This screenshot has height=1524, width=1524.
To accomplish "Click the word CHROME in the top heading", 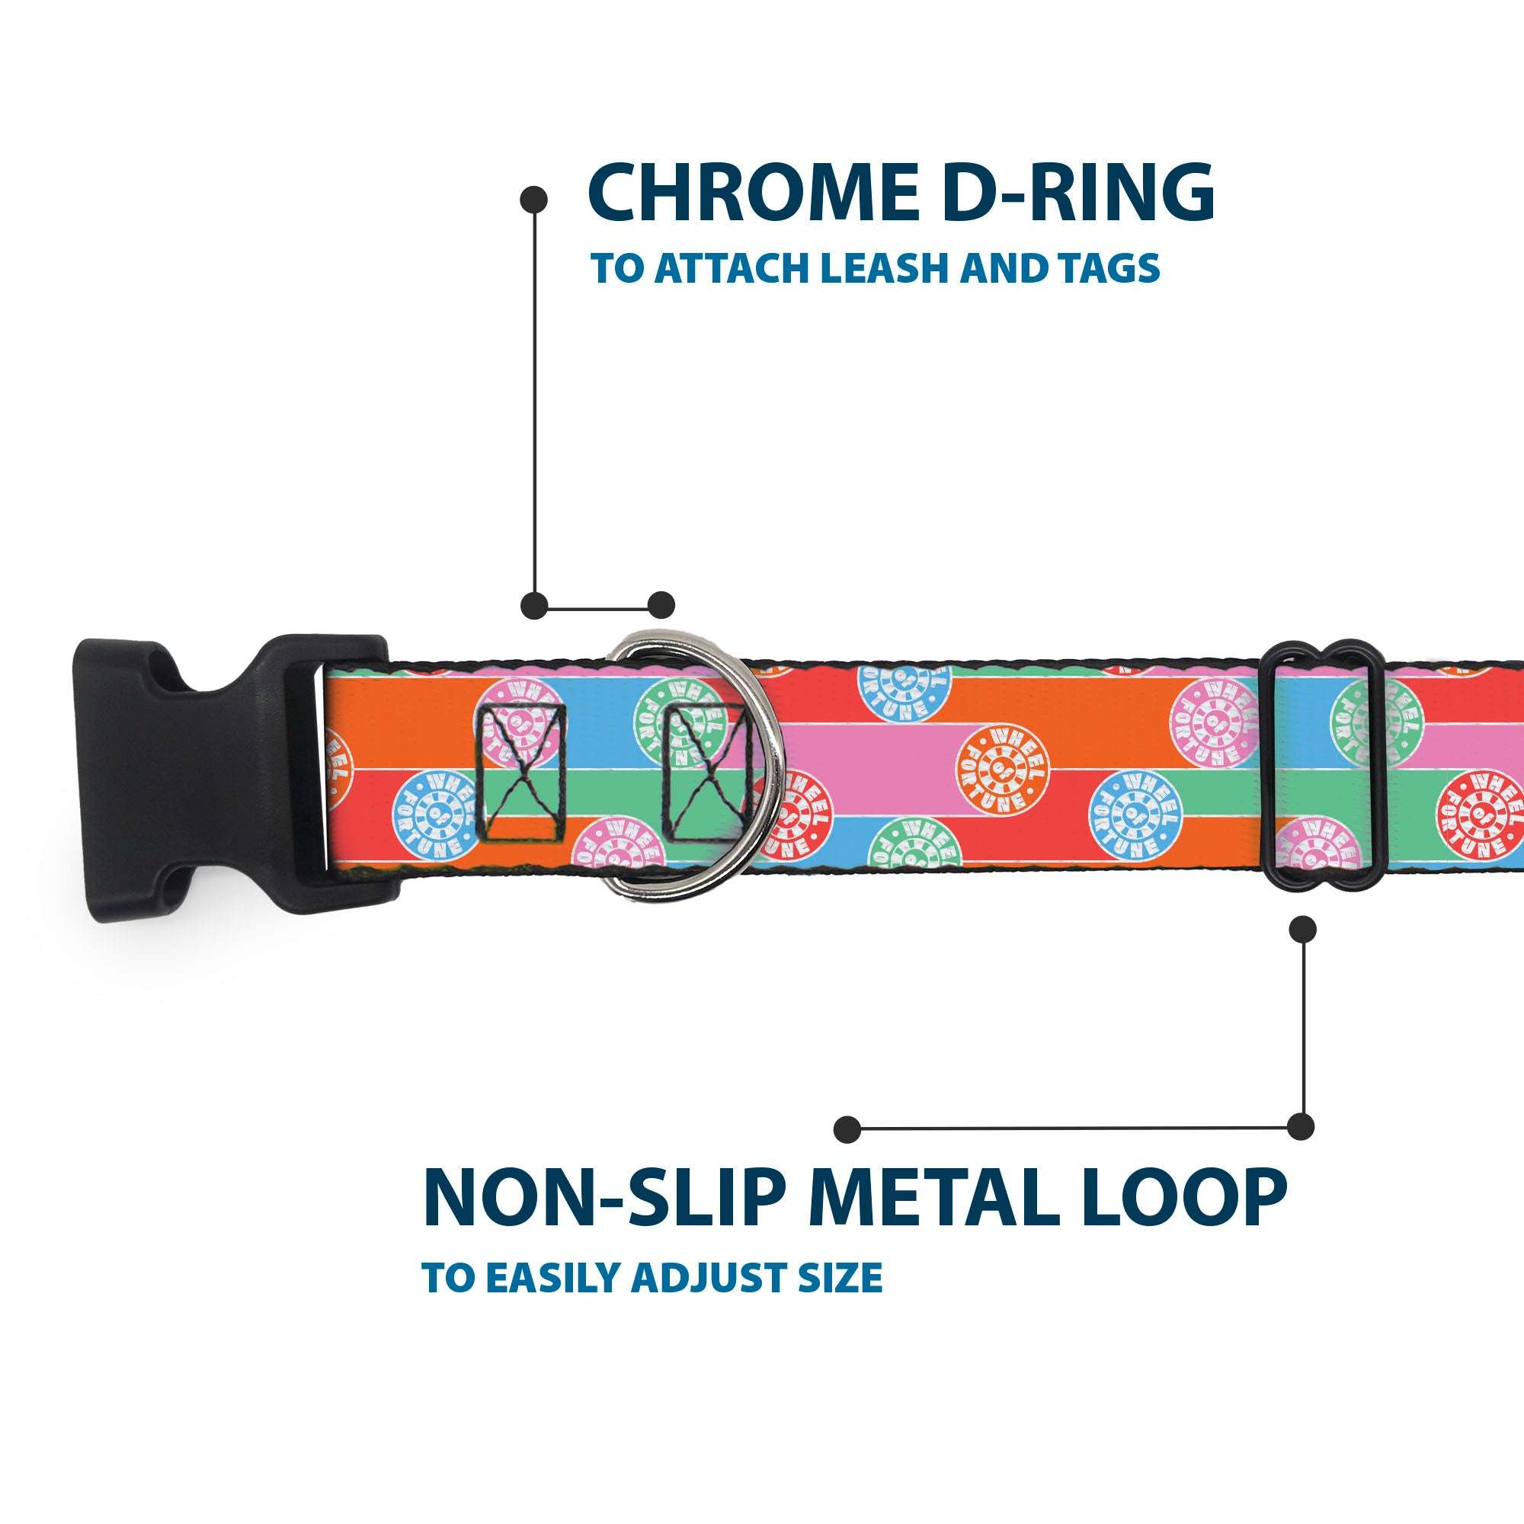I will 754,193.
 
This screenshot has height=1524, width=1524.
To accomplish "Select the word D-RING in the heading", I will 1078,193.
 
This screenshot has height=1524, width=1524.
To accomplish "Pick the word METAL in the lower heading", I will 932,1197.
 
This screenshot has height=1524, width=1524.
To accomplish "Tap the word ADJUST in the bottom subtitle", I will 710,1278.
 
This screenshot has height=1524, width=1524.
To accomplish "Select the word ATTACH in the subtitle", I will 735,269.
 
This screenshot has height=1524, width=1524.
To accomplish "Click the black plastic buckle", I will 197,777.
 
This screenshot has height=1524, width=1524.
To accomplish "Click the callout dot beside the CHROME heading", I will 534,199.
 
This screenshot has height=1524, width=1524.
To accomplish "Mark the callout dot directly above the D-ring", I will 661,605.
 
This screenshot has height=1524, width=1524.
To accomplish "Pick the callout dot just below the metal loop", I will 1302,929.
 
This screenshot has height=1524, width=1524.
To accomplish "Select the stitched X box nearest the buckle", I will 520,771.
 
